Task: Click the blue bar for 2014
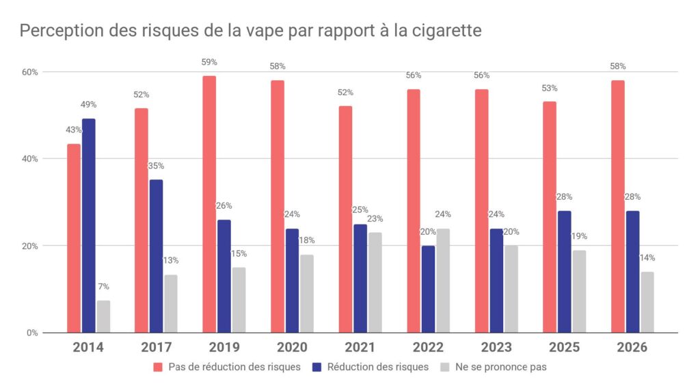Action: [88, 226]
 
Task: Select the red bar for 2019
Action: [209, 204]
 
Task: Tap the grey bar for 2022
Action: [443, 281]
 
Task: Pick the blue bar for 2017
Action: [157, 256]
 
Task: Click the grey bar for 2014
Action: [104, 317]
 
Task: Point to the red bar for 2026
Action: [618, 207]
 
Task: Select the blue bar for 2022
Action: [428, 289]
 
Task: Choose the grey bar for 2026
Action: [647, 303]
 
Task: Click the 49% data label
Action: [88, 105]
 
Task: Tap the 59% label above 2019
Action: [209, 62]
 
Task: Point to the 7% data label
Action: [104, 286]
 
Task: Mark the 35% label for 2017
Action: [156, 166]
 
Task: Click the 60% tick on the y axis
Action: [30, 72]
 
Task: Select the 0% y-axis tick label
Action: [32, 333]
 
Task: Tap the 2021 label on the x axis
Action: [360, 347]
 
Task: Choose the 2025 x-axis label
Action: [564, 347]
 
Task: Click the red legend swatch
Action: [158, 368]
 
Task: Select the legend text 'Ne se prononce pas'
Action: [501, 368]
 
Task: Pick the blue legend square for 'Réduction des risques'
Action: [317, 368]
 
